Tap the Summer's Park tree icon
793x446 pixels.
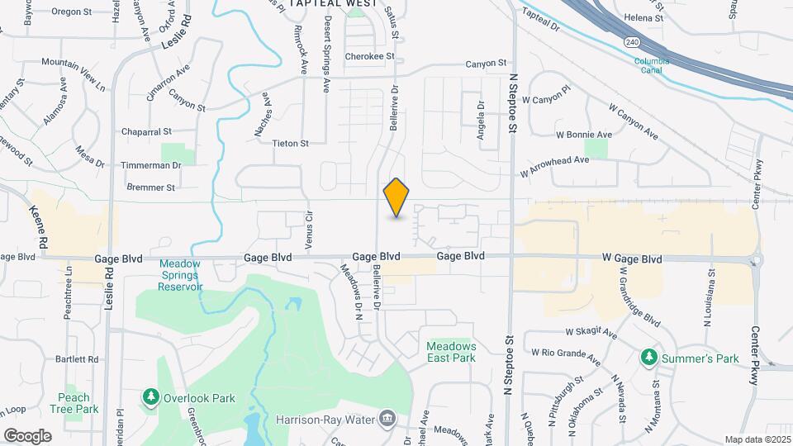click(x=649, y=358)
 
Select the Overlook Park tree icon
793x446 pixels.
click(x=150, y=398)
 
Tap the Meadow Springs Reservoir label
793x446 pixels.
click(x=181, y=275)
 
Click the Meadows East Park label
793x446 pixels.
click(x=451, y=352)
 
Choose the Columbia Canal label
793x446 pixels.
click(x=653, y=65)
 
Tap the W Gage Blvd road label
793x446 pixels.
click(x=632, y=259)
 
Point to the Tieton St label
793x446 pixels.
click(x=290, y=143)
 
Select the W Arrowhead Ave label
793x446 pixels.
click(x=554, y=161)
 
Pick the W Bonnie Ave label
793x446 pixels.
click(x=583, y=134)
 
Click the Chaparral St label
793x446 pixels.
click(x=146, y=131)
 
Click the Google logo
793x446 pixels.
click(x=27, y=435)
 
